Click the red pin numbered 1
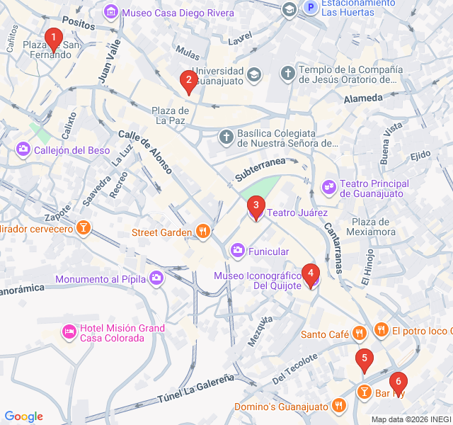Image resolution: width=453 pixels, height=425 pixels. click(x=52, y=38)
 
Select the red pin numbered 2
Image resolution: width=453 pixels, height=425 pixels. click(x=188, y=81)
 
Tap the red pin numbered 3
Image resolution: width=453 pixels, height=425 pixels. click(x=256, y=206)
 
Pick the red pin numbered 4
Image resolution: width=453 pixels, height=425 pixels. click(x=310, y=273)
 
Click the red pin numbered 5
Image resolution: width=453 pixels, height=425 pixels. click(x=364, y=359)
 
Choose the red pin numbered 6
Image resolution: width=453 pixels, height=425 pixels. click(x=398, y=382)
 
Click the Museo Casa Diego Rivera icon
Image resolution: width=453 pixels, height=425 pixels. click(x=111, y=12)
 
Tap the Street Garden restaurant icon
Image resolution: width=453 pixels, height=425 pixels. click(x=203, y=231)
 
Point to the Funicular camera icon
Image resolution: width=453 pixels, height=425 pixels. click(x=238, y=251)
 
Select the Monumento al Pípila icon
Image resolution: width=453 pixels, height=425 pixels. click(x=156, y=279)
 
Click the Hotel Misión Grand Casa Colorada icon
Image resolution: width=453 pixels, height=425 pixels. click(x=69, y=331)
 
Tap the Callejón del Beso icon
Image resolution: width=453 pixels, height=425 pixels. click(x=23, y=149)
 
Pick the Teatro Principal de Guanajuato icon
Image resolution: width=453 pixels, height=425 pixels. click(x=328, y=187)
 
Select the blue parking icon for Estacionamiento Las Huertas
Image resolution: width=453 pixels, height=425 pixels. click(x=309, y=8)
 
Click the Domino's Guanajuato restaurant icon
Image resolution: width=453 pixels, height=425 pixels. click(x=339, y=406)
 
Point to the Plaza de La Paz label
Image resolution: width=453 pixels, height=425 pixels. click(x=171, y=115)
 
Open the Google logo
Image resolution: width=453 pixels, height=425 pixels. click(x=23, y=416)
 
